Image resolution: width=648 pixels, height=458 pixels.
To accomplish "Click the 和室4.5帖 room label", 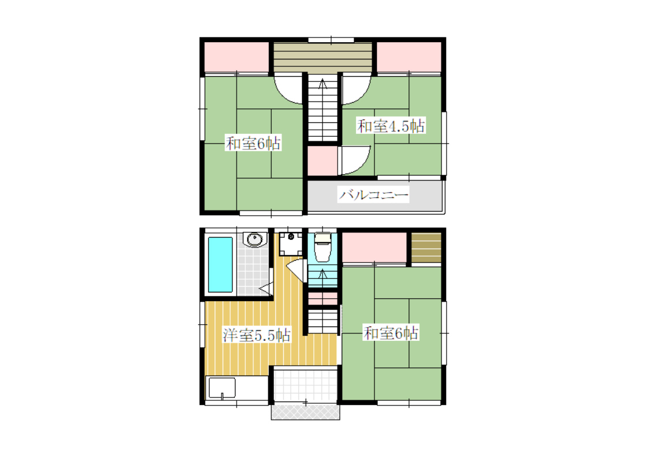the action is tap(391, 126).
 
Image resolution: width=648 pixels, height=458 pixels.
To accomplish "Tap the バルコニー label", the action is tap(373, 194).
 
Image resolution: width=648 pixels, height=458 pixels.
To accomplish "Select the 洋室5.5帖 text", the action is tap(257, 335).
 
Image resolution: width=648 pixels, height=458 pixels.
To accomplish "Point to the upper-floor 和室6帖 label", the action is tap(253, 143).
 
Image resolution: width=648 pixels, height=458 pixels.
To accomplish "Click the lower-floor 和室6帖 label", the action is tap(391, 333).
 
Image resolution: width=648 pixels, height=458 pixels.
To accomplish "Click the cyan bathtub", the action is tap(220, 265).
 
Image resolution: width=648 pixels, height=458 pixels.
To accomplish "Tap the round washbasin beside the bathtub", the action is tap(254, 239).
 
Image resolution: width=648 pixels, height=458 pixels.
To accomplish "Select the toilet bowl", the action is tap(323, 248).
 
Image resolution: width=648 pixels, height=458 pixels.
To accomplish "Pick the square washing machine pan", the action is tap(290, 244).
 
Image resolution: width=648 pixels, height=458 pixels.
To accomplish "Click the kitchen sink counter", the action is tap(237, 388).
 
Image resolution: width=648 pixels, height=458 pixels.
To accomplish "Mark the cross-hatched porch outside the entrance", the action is tap(305, 412).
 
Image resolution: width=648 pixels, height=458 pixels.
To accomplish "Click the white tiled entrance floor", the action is tap(305, 385).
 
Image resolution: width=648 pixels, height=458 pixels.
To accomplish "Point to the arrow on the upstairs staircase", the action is tap(323, 84).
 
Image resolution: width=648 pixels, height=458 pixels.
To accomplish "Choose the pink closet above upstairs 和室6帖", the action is tap(237, 58).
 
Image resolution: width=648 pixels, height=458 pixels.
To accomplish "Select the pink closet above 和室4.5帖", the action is tap(409, 58).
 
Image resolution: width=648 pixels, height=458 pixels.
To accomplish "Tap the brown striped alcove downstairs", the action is tap(426, 248).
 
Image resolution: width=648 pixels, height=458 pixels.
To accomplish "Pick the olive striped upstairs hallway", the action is tap(323, 58).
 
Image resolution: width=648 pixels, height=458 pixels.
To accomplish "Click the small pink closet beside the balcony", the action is tap(323, 161).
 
